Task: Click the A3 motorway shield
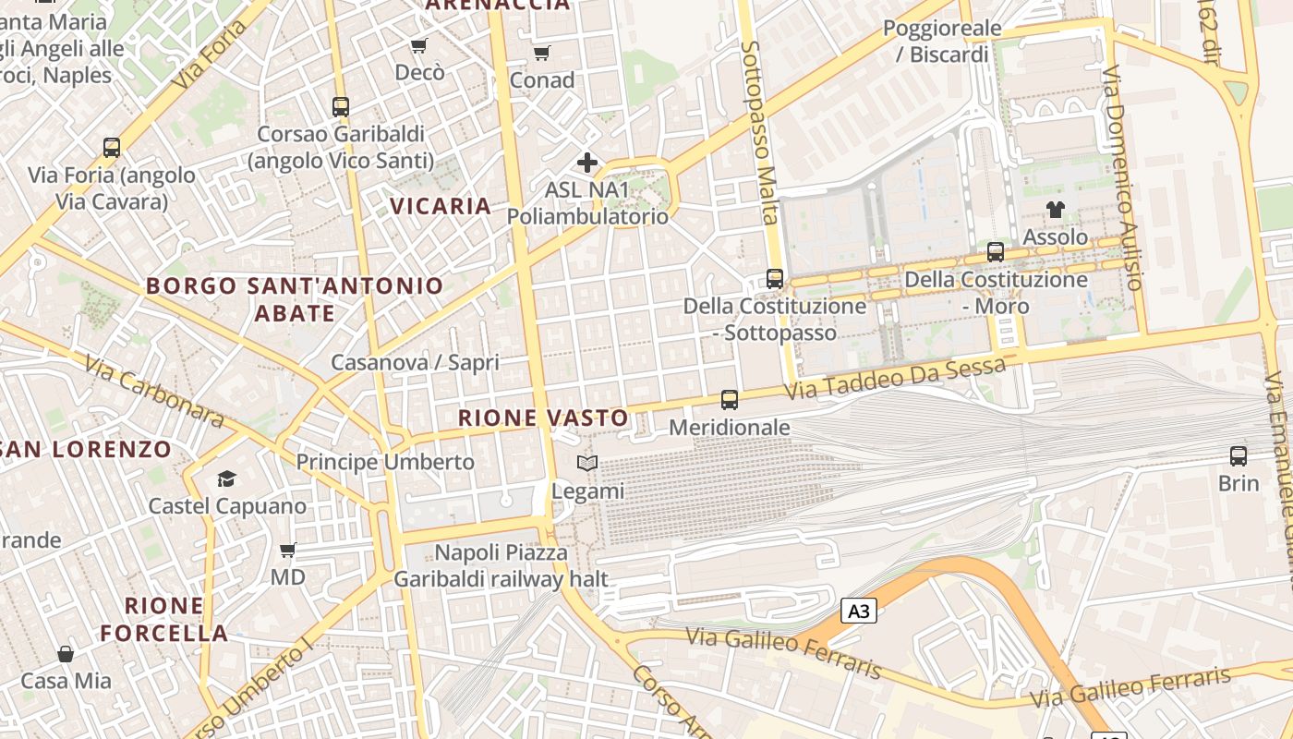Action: [859, 611]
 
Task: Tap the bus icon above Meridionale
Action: [730, 400]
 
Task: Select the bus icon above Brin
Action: [1239, 455]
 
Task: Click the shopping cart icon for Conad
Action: [542, 53]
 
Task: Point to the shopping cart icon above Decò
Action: [419, 45]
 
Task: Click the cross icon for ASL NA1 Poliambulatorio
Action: [587, 164]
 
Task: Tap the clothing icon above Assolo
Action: [1055, 210]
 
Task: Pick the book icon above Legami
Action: [587, 463]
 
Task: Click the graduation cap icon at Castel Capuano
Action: [226, 479]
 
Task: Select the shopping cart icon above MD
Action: [288, 550]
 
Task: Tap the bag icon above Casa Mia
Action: [66, 654]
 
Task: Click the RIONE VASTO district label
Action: [543, 418]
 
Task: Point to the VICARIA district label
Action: [441, 206]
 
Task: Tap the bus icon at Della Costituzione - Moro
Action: [996, 251]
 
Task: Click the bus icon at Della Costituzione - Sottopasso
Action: [775, 279]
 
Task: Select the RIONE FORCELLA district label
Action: [164, 620]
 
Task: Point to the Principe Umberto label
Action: [385, 462]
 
